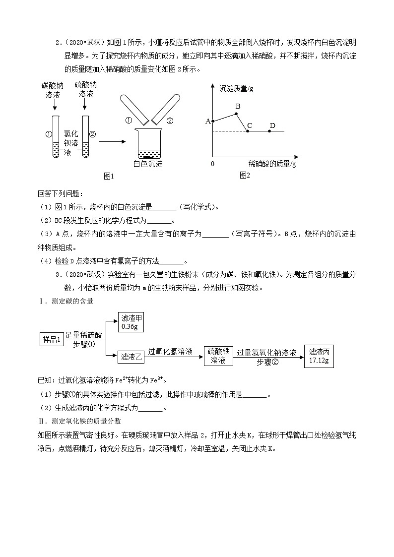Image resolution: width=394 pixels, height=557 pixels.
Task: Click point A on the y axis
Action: point(212,121)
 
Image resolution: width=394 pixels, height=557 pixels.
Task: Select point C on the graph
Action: point(248,131)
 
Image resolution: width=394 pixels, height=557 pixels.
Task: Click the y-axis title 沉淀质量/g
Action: point(236,89)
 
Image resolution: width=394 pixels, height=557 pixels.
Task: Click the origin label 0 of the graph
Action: point(213,164)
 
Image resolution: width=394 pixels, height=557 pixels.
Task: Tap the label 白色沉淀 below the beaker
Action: point(148,164)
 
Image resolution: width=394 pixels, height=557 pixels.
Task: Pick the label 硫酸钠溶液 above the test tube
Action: point(85,90)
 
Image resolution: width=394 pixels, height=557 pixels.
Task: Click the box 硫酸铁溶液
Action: point(218,356)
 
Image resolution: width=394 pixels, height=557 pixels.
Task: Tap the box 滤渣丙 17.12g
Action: point(319,356)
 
